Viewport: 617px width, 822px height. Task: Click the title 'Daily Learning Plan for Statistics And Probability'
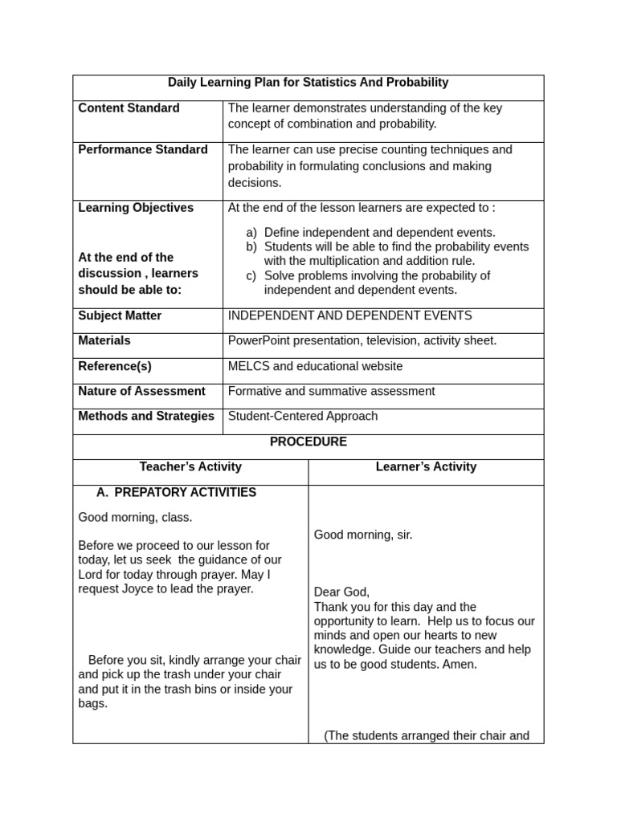308,83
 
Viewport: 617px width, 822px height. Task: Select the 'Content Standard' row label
129,108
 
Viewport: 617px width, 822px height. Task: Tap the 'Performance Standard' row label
142,150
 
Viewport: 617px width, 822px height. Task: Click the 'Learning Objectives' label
136,208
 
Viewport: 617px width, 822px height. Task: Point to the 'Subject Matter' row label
120,316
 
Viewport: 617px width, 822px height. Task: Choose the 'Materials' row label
104,341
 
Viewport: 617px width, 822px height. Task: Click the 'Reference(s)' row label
115,367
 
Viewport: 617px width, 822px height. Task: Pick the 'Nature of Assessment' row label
141,392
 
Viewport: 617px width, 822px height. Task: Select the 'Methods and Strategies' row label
146,417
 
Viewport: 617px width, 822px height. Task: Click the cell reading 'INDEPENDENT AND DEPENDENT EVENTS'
349,316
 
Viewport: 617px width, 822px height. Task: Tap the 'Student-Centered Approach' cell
303,417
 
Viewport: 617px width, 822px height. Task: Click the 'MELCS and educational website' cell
315,367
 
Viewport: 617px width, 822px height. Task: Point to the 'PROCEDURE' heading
308,442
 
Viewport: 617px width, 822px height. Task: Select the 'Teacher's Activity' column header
190,467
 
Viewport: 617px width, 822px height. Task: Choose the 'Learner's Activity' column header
426,467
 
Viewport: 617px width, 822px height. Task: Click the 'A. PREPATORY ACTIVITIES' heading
176,493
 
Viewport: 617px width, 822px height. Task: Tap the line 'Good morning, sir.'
363,535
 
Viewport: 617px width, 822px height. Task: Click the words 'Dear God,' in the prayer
341,592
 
